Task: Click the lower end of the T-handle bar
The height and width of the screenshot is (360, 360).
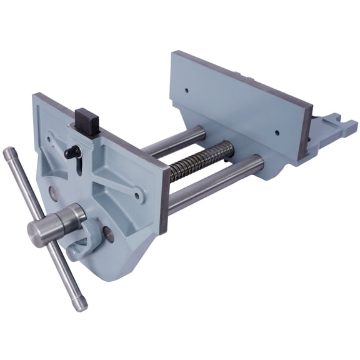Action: point(80,305)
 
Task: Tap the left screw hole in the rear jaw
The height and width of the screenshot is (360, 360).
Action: point(186,91)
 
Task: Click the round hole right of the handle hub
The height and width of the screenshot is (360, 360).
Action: point(110,235)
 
